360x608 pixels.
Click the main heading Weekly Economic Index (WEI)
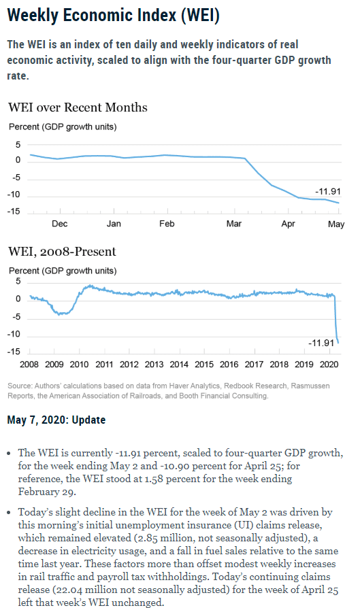(x=113, y=16)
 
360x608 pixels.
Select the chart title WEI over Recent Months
(x=78, y=107)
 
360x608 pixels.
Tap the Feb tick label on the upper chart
(x=167, y=224)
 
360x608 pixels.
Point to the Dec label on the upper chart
(x=60, y=224)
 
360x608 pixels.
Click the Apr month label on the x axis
(x=289, y=224)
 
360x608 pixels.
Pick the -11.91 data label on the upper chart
(x=328, y=191)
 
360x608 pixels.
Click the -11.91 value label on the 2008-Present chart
(x=321, y=343)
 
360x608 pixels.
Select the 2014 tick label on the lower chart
(x=179, y=365)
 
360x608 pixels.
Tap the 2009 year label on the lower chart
(x=54, y=365)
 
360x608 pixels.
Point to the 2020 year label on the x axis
(x=329, y=365)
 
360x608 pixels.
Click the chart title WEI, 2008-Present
(x=62, y=252)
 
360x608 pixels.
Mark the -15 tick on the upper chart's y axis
(x=14, y=212)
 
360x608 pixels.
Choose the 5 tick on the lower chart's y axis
(x=18, y=282)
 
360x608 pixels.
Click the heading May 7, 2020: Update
(x=56, y=420)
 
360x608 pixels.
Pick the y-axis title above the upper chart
(x=63, y=126)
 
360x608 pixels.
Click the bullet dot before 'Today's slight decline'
(x=9, y=513)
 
